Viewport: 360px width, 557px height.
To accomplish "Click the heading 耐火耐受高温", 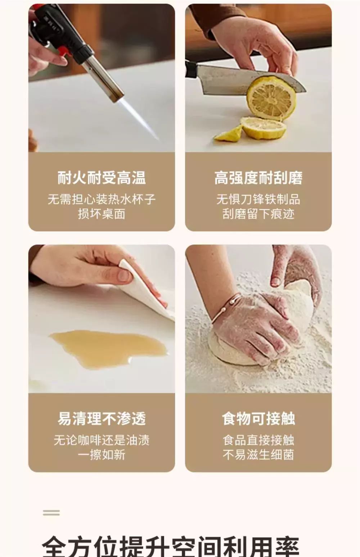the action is click(x=102, y=178).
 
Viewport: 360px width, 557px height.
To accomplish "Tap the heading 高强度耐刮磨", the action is click(x=258, y=178).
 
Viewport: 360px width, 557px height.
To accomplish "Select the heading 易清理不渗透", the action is click(x=102, y=419).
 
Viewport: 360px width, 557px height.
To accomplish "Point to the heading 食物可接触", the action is click(x=258, y=419).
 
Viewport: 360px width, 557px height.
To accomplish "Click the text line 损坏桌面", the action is click(x=102, y=214).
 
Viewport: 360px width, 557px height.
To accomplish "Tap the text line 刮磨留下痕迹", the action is click(x=258, y=214).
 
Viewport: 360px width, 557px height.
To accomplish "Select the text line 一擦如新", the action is click(x=102, y=455).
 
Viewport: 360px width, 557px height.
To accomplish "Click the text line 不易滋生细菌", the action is click(x=258, y=455).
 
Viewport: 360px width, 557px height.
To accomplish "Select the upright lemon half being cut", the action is click(x=271, y=98).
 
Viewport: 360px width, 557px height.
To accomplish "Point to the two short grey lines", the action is click(x=51, y=513).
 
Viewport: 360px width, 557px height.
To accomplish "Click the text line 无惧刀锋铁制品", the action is click(x=258, y=199).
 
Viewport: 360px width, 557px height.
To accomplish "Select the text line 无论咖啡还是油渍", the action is click(x=102, y=440).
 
